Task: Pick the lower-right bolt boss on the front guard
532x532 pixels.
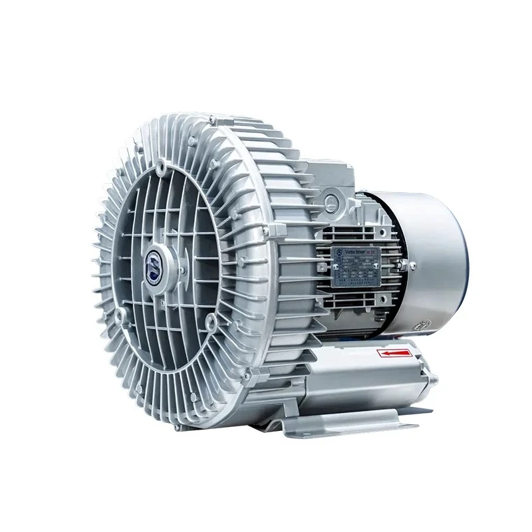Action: click(211, 324)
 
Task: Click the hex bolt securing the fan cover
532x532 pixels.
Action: click(413, 267)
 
